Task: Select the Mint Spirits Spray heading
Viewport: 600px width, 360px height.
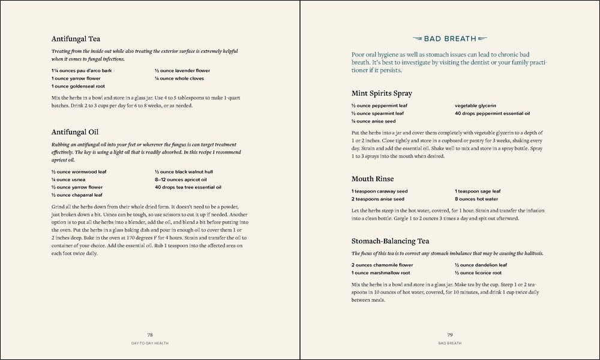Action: coord(382,93)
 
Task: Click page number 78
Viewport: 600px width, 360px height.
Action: coord(150,334)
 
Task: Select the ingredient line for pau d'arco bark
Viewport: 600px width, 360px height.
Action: coord(82,71)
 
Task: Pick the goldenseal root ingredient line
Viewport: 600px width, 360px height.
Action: coord(80,86)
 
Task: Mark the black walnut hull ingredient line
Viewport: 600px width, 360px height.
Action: coord(184,172)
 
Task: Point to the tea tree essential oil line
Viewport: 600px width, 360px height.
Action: coord(188,187)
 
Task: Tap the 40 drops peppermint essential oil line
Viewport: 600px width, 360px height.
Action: coord(492,113)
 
